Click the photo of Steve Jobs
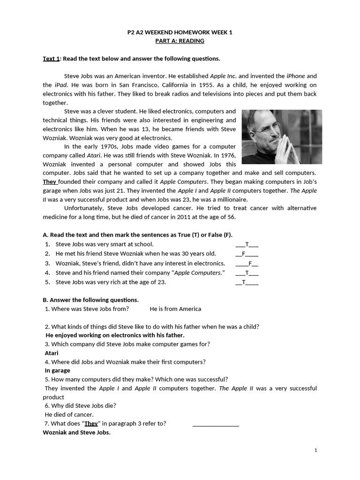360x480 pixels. coord(282,136)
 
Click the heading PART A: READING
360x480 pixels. coord(180,41)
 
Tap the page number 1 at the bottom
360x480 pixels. coord(316,450)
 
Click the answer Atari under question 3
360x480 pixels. coord(52,353)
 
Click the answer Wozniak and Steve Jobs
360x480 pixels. coord(76,432)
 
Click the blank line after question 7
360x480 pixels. coord(216,424)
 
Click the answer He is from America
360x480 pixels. coord(175,309)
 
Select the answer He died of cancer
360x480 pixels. coord(69,414)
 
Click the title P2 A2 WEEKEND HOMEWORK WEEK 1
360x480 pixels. coord(180,32)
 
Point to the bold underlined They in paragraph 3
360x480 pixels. coord(50,182)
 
